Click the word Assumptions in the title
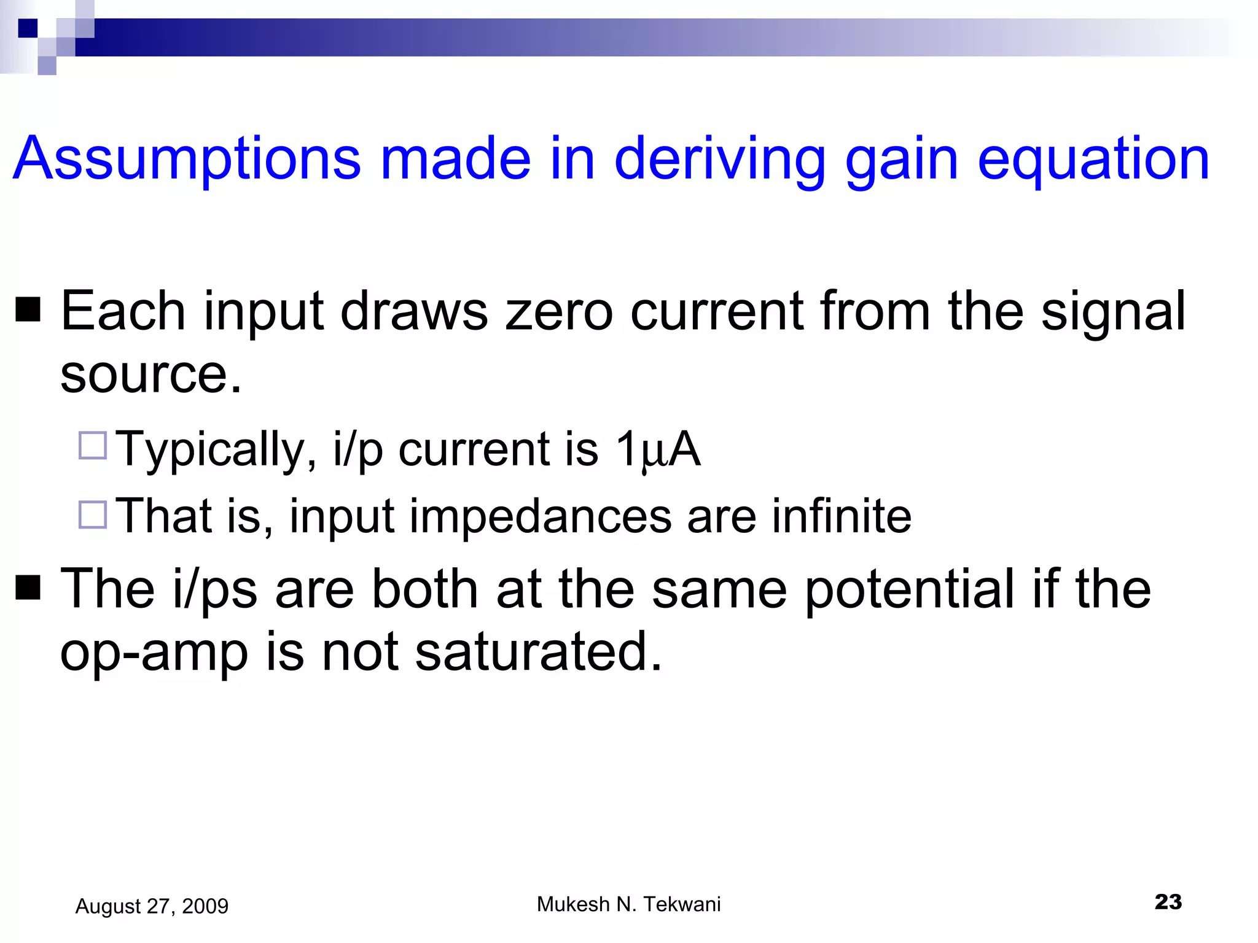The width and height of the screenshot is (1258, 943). click(187, 160)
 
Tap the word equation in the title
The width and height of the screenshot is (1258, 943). click(1093, 160)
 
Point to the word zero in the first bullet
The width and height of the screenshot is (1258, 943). click(558, 312)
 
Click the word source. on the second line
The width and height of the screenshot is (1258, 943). click(151, 374)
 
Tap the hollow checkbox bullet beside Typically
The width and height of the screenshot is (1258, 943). click(93, 445)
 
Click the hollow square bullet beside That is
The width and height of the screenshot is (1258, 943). click(93, 514)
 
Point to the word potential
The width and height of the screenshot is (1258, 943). click(910, 589)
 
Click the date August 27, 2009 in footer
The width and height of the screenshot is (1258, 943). click(152, 906)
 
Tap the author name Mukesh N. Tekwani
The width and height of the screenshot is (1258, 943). click(628, 904)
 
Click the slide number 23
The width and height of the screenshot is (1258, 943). click(1168, 902)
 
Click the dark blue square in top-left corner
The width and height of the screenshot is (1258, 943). click(28, 28)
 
